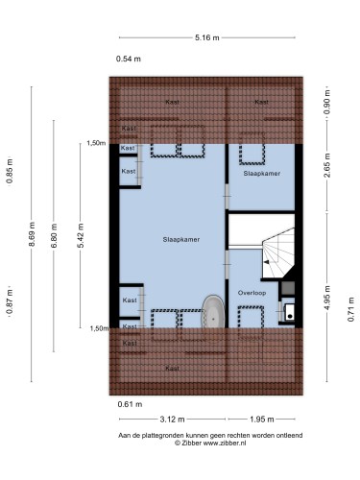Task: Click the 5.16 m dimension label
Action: click(207, 37)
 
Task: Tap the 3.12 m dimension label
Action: click(172, 419)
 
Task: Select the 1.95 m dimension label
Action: click(262, 419)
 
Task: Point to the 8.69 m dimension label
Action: click(32, 234)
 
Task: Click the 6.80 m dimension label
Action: click(54, 235)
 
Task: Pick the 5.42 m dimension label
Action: click(81, 235)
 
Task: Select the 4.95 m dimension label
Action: click(326, 298)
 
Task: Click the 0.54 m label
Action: click(129, 59)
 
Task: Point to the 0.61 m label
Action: click(130, 404)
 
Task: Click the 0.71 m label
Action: click(351, 309)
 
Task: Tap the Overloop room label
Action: click(252, 293)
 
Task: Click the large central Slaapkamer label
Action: click(181, 239)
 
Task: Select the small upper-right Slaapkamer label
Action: click(262, 173)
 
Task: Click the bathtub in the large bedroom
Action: click(213, 311)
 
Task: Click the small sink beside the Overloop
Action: click(289, 312)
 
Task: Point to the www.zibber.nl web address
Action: click(225, 444)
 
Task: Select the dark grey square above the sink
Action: click(288, 288)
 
